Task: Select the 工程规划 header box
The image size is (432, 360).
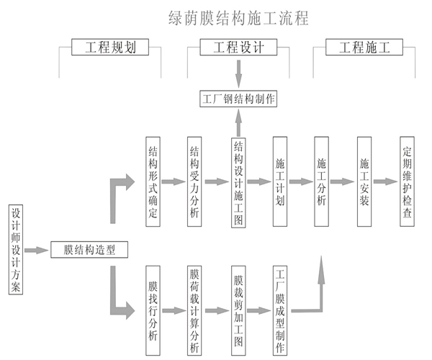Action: pos(112,48)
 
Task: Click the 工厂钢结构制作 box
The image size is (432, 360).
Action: pos(238,99)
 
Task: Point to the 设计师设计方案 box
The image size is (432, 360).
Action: pos(16,250)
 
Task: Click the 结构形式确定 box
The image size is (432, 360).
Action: pos(153,181)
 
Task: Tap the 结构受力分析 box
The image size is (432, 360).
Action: pos(194,181)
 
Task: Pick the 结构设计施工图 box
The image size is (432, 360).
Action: pos(239,181)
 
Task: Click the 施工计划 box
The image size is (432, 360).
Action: pos(280,181)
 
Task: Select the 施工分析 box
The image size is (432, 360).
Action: pos(322,181)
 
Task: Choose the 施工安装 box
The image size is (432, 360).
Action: pos(364,181)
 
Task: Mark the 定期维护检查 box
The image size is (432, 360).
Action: pos(407,181)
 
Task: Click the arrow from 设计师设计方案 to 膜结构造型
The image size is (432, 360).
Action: pos(35,250)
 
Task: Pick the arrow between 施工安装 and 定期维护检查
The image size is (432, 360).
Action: pos(385,181)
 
